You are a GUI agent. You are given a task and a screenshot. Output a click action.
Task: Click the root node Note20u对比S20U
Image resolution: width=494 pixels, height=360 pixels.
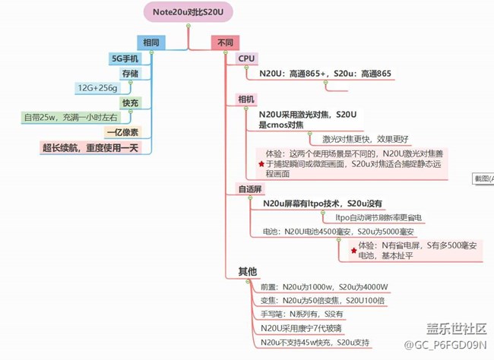click(x=188, y=11)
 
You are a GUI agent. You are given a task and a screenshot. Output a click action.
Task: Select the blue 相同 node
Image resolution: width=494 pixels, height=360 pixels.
click(x=149, y=42)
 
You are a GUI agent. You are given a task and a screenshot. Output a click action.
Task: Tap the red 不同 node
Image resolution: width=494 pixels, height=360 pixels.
click(x=226, y=43)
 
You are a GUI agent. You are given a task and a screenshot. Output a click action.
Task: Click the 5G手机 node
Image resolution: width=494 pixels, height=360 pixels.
click(x=125, y=58)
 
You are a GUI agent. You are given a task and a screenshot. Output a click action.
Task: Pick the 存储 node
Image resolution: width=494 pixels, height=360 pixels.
click(x=130, y=73)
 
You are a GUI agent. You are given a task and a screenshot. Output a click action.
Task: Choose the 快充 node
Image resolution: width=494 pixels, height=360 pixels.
click(x=130, y=103)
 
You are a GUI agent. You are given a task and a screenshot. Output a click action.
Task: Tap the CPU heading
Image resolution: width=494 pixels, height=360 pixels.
click(x=247, y=58)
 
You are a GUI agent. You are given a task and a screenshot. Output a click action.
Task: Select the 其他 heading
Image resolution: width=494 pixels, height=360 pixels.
click(x=248, y=271)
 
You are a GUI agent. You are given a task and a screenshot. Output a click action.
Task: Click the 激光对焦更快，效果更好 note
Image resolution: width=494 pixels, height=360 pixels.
click(x=366, y=139)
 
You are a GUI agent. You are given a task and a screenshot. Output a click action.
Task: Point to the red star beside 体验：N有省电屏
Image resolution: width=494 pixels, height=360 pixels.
click(x=353, y=249)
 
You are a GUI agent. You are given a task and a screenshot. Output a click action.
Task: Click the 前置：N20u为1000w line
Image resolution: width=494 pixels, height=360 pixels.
click(x=325, y=286)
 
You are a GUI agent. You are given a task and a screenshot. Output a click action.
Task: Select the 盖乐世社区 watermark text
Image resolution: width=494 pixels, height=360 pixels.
click(x=455, y=328)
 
